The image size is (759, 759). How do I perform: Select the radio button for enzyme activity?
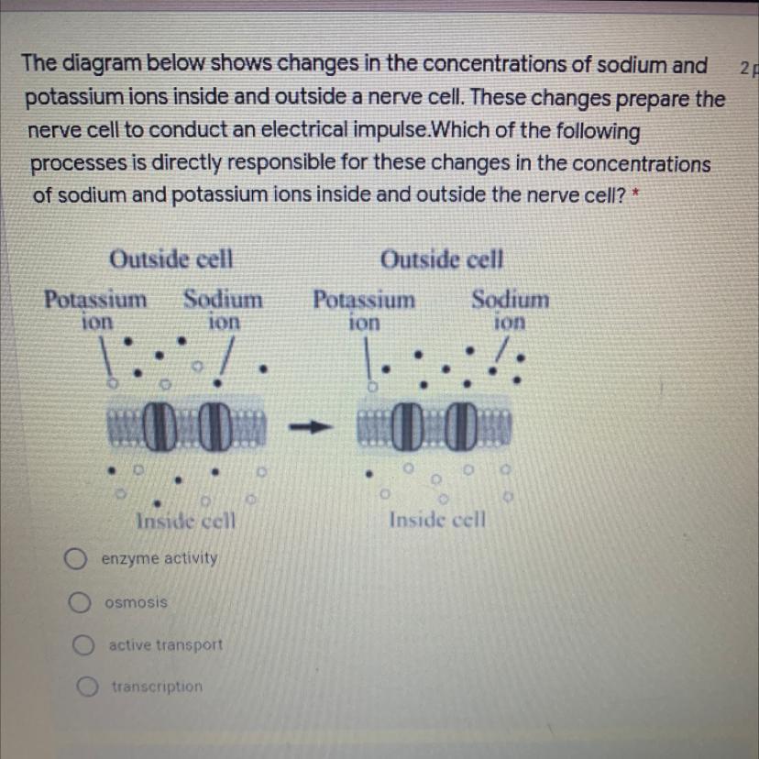[x=76, y=558]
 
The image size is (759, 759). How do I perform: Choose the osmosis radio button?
[x=80, y=602]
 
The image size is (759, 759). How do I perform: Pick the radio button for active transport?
[x=83, y=645]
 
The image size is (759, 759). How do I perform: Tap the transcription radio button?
[x=88, y=687]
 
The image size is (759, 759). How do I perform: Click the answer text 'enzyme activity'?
[x=160, y=558]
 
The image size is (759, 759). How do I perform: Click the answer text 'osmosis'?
[x=136, y=602]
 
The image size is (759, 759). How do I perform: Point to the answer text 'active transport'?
[x=165, y=644]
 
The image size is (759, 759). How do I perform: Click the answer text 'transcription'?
[x=157, y=686]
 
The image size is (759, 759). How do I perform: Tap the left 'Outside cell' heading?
[x=171, y=260]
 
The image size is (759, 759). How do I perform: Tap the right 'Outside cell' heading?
[x=442, y=260]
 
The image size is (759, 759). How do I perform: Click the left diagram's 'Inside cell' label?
[x=186, y=522]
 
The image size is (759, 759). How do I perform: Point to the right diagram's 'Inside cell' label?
[x=437, y=520]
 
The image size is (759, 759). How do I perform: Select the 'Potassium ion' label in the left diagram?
[x=95, y=309]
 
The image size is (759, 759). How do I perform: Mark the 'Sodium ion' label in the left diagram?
[x=223, y=309]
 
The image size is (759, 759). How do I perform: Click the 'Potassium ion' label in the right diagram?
[x=364, y=309]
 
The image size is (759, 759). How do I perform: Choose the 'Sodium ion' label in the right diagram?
[x=511, y=309]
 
